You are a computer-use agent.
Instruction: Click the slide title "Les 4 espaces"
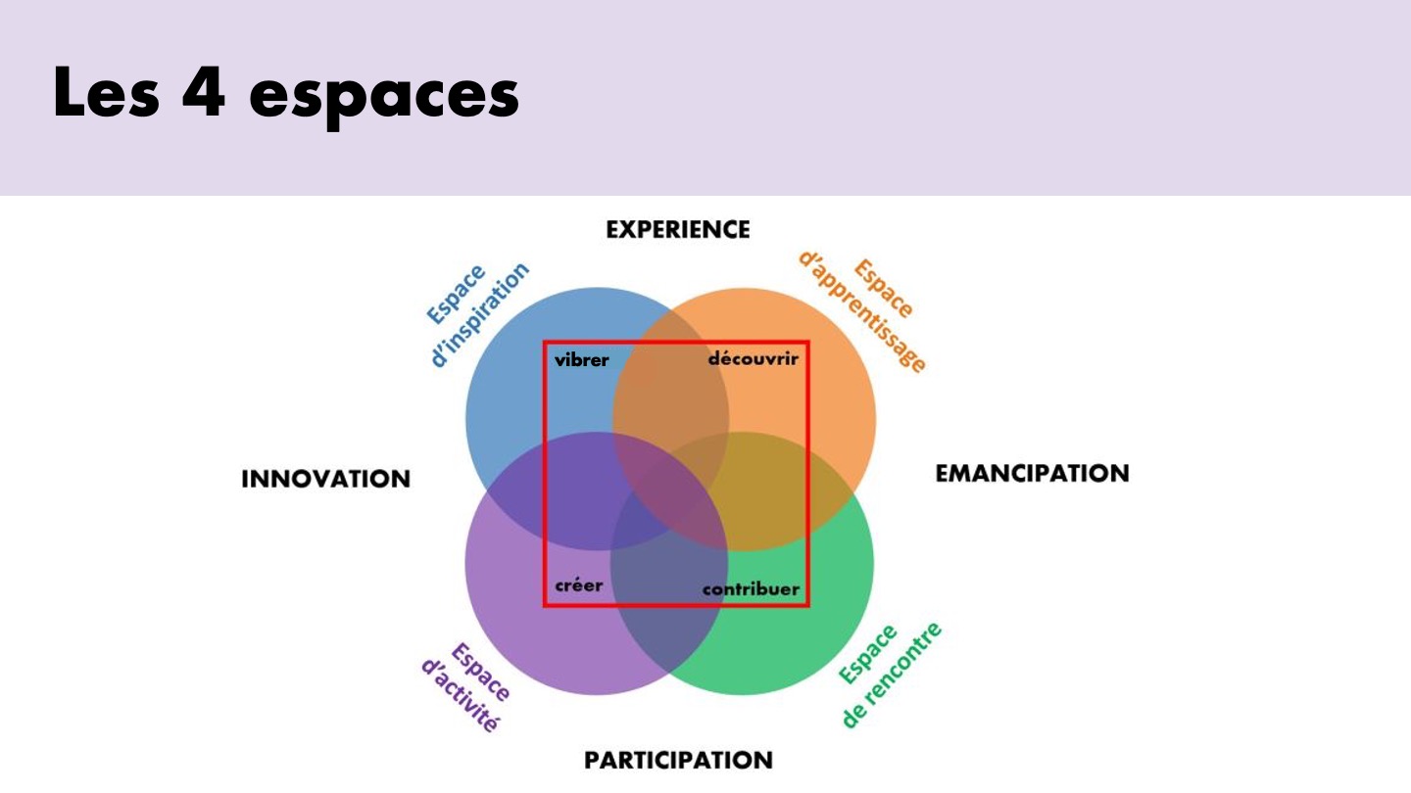pos(286,94)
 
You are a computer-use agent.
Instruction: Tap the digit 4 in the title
pos(204,91)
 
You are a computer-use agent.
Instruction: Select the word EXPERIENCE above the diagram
pos(678,230)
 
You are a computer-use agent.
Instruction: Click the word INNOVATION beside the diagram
pos(325,479)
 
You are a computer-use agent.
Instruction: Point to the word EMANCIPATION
pos(1032,473)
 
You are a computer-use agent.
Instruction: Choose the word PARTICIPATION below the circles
pos(678,761)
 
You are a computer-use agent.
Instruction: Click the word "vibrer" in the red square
pos(581,360)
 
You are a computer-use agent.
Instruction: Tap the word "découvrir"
pos(754,358)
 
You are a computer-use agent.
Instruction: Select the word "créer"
pos(579,585)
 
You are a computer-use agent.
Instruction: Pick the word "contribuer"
pos(751,589)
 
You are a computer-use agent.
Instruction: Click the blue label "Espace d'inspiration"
pos(477,313)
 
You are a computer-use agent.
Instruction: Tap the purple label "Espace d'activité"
pos(466,686)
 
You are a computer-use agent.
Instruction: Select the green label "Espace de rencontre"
pos(890,675)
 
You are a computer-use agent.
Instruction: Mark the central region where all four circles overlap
pos(670,490)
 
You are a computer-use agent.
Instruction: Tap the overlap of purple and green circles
pos(669,598)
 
